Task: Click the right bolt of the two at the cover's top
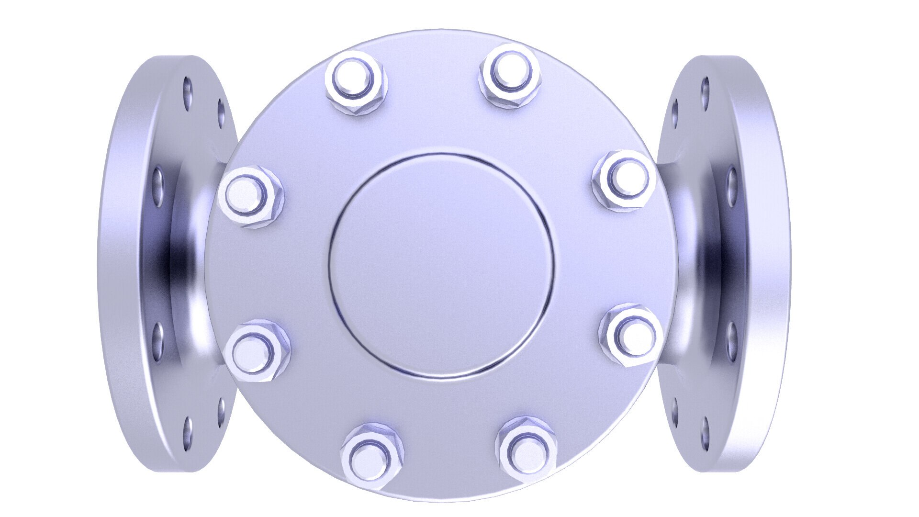(510, 74)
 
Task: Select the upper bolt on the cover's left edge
(249, 196)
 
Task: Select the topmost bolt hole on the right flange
(705, 89)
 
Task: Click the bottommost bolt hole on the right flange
(705, 431)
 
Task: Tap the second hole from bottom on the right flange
(674, 409)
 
